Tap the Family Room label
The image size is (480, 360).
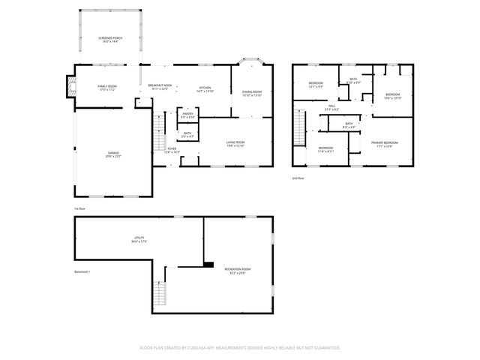tap(107, 88)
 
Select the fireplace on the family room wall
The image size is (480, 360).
tap(72, 86)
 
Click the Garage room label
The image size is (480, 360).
tap(113, 154)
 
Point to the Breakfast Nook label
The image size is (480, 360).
tap(160, 87)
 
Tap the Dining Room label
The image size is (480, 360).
tap(252, 94)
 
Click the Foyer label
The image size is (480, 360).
tap(172, 150)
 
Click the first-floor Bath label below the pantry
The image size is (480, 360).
tap(188, 136)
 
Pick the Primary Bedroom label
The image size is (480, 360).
tap(387, 143)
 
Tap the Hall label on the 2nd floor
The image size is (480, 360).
tap(332, 108)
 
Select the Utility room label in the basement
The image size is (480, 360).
tap(139, 240)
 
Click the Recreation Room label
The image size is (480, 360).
tap(237, 271)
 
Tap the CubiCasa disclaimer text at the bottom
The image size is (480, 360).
tap(240, 347)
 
